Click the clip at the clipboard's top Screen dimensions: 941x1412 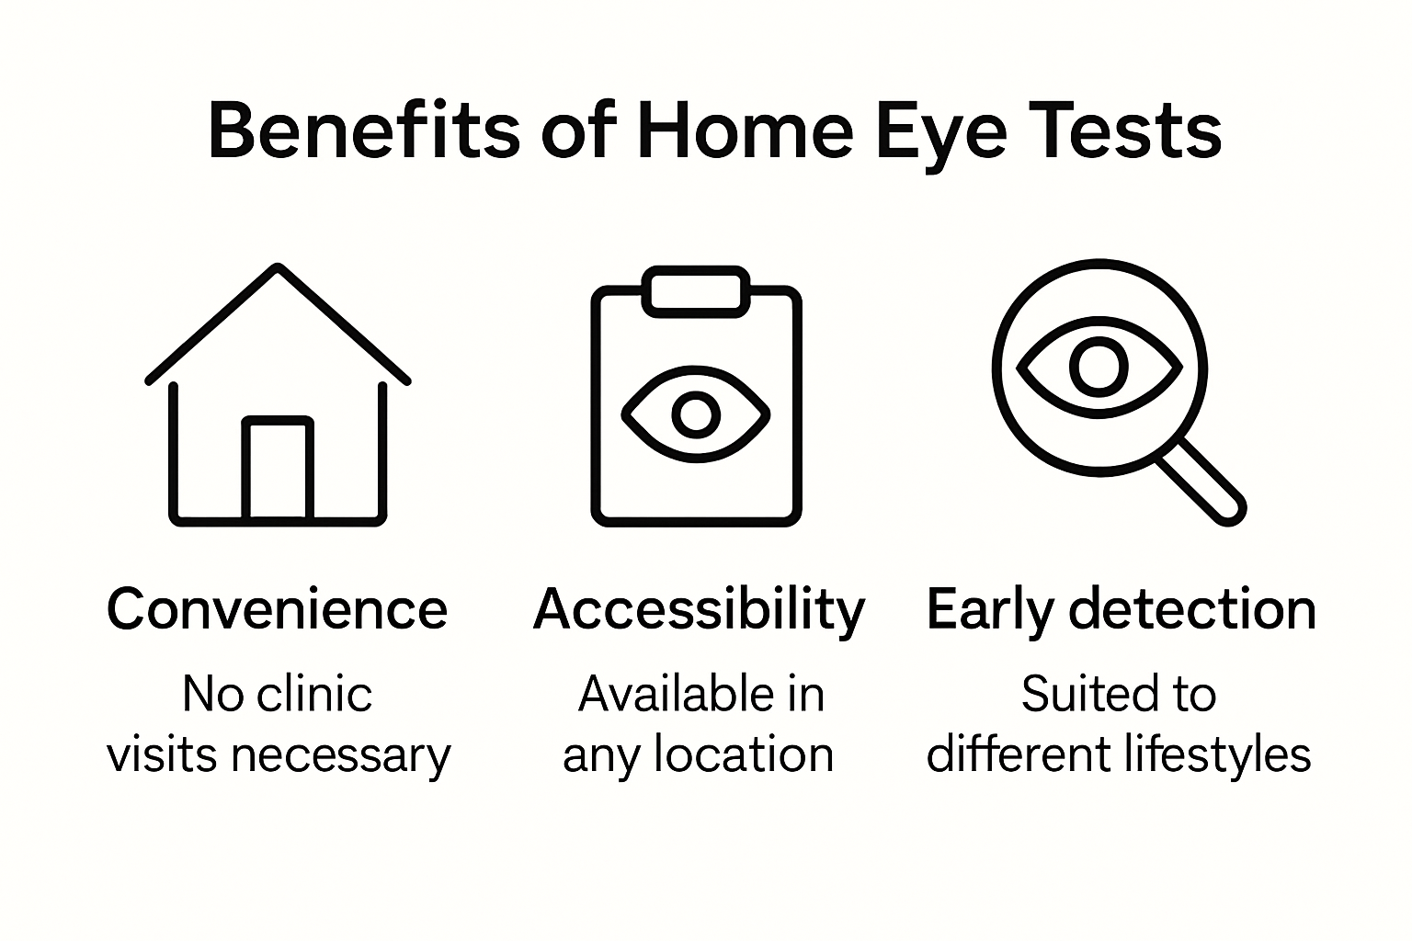[x=696, y=291]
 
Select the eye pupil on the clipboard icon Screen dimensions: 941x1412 [x=696, y=414]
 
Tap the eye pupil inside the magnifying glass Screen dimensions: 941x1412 [x=1099, y=367]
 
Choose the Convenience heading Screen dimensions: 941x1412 [x=277, y=609]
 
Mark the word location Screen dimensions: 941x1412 [x=744, y=754]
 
